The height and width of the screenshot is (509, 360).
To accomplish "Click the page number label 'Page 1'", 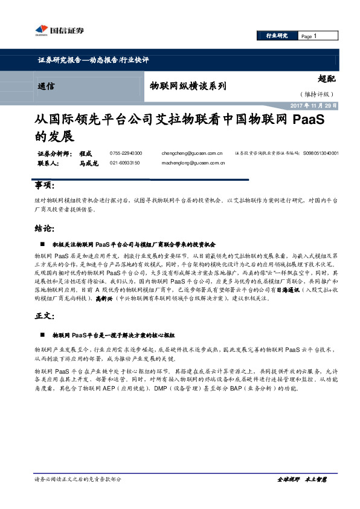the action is pos(309,36).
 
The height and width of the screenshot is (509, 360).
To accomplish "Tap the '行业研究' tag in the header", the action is pos(277,36).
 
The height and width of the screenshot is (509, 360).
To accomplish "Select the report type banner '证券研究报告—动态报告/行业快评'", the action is pos(93,60).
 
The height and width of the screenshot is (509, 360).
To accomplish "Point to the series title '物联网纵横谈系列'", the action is pos(188,86).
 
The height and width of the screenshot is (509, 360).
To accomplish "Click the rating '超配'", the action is pos(326,77).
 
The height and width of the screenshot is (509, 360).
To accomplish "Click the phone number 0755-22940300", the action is pos(126,154).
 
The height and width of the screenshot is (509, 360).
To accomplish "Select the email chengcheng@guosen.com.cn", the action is pos(192,154).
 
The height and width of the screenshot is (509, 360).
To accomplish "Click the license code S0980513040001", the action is pos(321,154).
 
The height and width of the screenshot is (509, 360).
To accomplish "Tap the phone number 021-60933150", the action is pos(125,163).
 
